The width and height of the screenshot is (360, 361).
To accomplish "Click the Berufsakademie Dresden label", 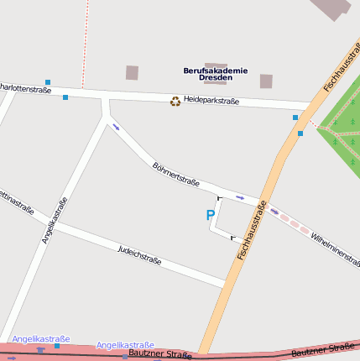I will pos(216,74).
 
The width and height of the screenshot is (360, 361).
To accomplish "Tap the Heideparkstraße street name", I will pos(211,101).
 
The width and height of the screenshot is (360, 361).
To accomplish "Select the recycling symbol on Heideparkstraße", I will pos(175,101).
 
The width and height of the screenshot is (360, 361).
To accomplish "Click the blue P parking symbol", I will pos(210,216).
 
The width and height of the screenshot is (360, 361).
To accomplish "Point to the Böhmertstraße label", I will pos(176,174).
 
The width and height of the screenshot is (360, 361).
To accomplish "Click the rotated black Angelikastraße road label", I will pos(54,221).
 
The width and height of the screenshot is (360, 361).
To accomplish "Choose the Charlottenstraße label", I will pos(23,87).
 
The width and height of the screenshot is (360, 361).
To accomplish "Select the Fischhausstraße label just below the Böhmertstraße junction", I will pos(252,228).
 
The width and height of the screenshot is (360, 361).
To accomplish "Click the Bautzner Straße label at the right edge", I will pos(322,350).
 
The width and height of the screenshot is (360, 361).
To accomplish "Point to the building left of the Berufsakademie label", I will pos(132,73).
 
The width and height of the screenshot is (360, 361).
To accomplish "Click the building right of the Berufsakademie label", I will pos(266,81).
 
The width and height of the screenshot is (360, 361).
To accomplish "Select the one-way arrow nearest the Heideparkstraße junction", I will pos(116,127).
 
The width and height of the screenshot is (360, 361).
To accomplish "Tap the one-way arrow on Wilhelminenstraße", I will pos(274,212).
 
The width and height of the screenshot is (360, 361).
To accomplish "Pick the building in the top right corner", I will pos(332,7).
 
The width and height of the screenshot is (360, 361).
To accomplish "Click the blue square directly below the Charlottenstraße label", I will pos(65,97).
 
